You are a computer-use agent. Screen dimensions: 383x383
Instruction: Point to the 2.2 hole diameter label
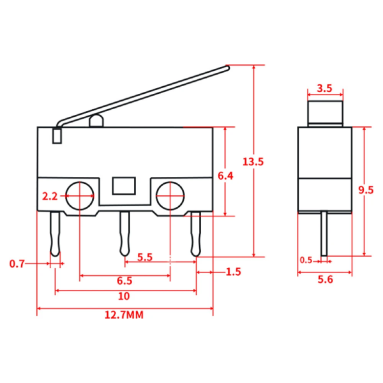pyautogui.click(x=50, y=196)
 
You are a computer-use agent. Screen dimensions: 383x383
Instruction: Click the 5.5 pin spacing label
pyautogui.click(x=145, y=257)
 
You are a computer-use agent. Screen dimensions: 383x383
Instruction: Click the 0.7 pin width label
pyautogui.click(x=17, y=263)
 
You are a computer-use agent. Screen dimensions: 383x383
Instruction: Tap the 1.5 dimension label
pyautogui.click(x=234, y=273)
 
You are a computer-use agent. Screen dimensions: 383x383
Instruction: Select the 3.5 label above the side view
pyautogui.click(x=324, y=89)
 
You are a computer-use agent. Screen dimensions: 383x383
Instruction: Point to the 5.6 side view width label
pyautogui.click(x=325, y=279)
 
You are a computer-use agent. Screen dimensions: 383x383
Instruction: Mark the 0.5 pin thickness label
pyautogui.click(x=306, y=260)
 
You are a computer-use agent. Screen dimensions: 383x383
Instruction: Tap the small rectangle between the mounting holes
pyautogui.click(x=124, y=185)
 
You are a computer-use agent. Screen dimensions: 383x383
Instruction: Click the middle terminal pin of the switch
pyautogui.click(x=124, y=233)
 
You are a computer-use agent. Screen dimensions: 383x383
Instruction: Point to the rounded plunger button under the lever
pyautogui.click(x=96, y=121)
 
